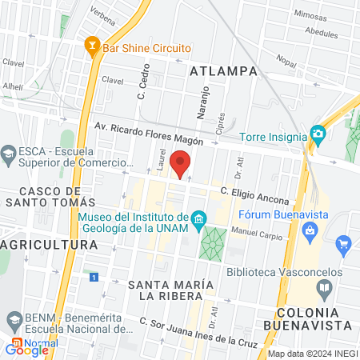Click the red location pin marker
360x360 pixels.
coord(181,166)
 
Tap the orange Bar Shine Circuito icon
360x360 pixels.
coord(91,48)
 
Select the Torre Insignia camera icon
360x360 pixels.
coord(318,134)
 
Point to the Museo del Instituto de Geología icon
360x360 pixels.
coord(198,217)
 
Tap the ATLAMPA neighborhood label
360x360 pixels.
coord(223,71)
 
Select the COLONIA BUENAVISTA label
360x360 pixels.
coord(314,318)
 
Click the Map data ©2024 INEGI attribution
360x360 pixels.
coord(311,354)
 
